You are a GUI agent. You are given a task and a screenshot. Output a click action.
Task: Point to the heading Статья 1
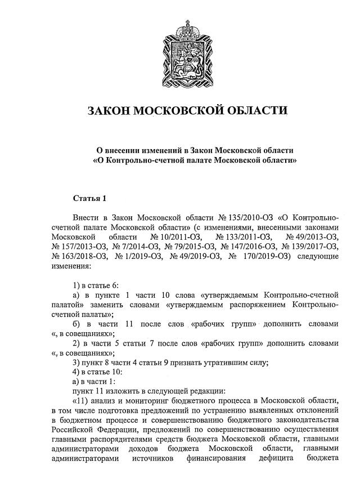[89, 198]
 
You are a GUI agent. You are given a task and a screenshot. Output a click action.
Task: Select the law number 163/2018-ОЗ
[78, 257]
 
